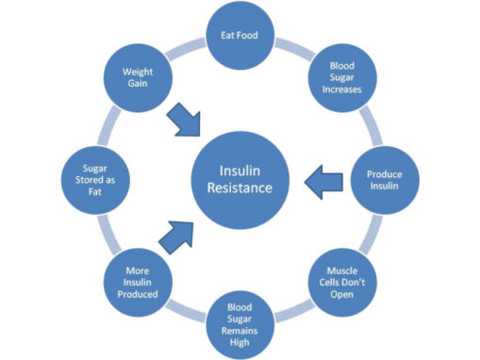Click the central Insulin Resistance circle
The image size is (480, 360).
[240, 177]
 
